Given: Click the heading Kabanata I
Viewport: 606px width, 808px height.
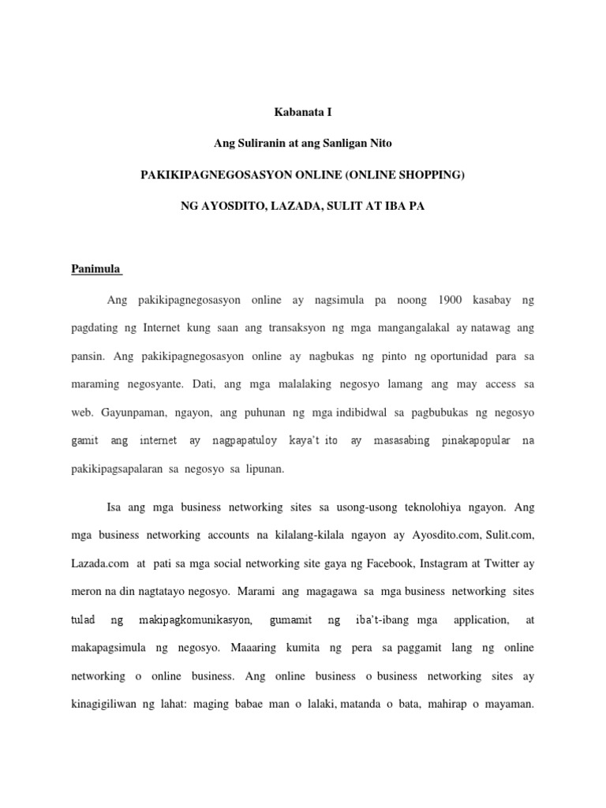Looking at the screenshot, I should click(303, 113).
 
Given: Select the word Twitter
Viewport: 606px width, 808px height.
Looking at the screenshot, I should click(514, 564).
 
